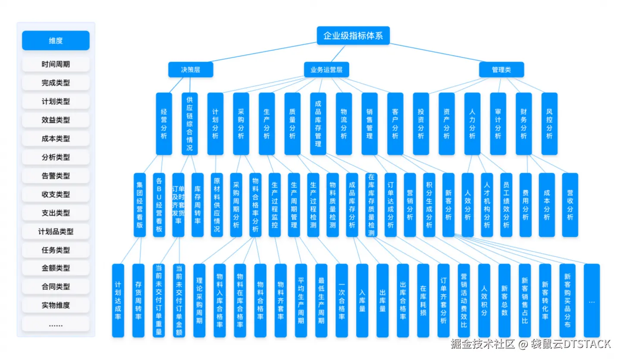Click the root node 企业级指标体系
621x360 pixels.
(x=353, y=35)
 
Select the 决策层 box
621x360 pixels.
(x=191, y=69)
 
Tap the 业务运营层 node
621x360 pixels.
(x=326, y=69)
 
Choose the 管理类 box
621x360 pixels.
(x=502, y=69)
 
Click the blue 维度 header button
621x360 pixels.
(x=56, y=41)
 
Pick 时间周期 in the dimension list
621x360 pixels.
(x=56, y=64)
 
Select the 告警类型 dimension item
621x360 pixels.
(x=56, y=176)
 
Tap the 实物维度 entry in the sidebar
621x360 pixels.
(x=56, y=305)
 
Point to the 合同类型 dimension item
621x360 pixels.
(x=56, y=287)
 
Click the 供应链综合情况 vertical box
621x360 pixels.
(x=190, y=124)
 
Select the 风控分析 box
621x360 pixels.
(x=549, y=124)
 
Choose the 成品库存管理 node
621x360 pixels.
(x=318, y=124)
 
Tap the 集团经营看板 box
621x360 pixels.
(x=140, y=205)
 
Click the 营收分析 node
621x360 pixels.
(x=570, y=205)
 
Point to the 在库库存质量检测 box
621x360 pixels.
(x=371, y=205)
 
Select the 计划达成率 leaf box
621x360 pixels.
(x=118, y=301)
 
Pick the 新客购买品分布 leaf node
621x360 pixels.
(x=568, y=301)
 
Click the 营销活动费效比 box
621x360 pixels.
(x=464, y=301)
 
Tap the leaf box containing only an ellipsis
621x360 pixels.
(x=592, y=301)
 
